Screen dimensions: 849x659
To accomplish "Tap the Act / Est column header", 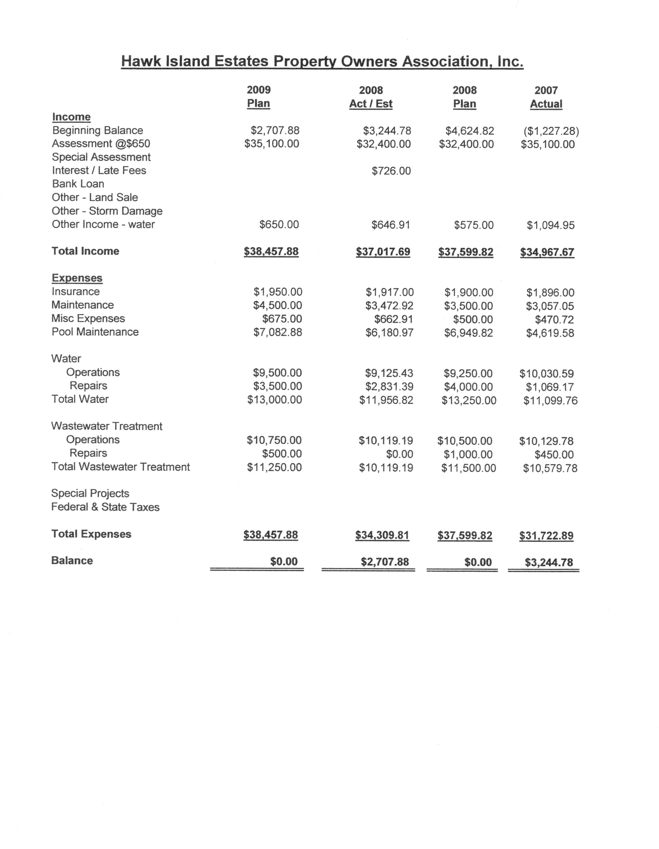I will pos(371,104).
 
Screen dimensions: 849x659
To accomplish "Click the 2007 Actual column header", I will pos(546,97).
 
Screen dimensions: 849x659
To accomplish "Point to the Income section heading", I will pos(71,117).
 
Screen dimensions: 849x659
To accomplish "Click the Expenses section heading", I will pos(77,278).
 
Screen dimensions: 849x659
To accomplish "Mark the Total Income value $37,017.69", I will pos(383,252).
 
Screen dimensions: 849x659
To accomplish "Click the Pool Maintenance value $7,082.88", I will pos(277,332).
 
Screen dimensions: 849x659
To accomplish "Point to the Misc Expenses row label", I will pos(88,318).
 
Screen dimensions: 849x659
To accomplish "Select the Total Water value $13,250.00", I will pos(469,401).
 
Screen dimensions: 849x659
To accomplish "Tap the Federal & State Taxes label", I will pos(105,507).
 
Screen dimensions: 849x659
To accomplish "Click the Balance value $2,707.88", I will pos(385,562).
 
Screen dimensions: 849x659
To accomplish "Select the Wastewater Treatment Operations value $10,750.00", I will pos(274,440).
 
